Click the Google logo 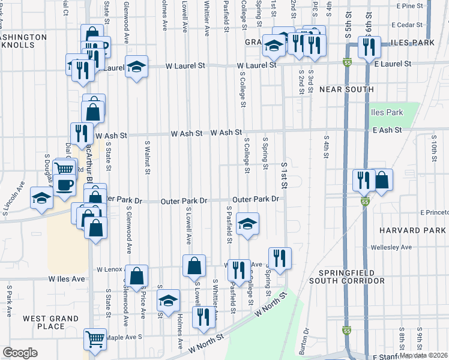(20, 353)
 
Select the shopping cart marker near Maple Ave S (95, 340)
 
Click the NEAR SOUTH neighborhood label (347, 89)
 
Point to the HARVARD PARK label (413, 230)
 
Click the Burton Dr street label (306, 337)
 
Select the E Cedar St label (408, 25)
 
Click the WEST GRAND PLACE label (43, 322)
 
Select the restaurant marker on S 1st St (279, 258)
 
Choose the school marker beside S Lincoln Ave (41, 198)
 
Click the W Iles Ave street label (67, 278)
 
